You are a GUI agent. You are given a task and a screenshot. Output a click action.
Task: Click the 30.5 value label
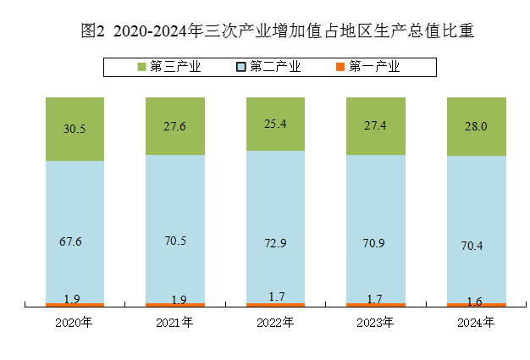[x=75, y=130]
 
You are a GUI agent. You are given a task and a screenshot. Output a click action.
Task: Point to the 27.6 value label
[x=175, y=126]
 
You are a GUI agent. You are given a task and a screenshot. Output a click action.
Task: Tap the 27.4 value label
[x=376, y=125]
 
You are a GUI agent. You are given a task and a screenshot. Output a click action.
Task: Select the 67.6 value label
[x=71, y=242]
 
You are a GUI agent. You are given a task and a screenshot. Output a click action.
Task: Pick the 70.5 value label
[x=175, y=241]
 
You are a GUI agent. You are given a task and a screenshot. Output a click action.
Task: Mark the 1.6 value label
[x=475, y=301]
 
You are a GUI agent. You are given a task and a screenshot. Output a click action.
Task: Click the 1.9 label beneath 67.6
[x=72, y=299]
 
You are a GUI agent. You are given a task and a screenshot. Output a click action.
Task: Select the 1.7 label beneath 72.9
[x=276, y=297]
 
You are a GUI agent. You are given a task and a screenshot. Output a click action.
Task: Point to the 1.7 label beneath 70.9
[x=376, y=298]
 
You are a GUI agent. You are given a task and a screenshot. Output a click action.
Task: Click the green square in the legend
[x=141, y=66]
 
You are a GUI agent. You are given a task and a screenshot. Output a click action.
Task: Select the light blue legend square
[x=241, y=66]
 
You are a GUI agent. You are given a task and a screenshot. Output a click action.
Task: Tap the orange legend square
[x=340, y=66]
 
